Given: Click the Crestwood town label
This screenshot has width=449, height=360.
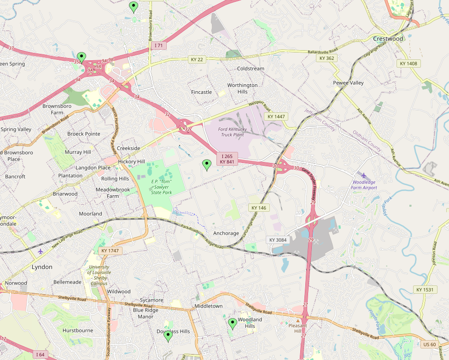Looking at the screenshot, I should [388, 39].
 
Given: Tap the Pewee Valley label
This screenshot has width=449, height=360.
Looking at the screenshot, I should [348, 83].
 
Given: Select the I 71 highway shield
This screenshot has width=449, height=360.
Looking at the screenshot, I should [159, 46].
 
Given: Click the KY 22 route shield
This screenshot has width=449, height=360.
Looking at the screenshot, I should [197, 59].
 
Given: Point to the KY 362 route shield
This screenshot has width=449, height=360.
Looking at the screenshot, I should [327, 58].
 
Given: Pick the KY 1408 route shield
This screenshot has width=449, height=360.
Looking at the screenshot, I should [408, 64].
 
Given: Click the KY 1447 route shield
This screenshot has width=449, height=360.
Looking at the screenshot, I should [276, 117].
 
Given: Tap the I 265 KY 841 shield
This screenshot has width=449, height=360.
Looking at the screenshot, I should [227, 159].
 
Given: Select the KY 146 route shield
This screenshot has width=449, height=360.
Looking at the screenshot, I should [258, 208].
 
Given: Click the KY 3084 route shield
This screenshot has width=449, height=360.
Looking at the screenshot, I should [278, 240].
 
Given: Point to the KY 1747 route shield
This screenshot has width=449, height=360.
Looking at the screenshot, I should [109, 251].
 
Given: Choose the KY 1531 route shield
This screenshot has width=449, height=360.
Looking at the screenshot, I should [425, 290].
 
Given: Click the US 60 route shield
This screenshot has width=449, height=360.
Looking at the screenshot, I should [429, 345].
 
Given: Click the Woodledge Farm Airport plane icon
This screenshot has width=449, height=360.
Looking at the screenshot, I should [364, 175].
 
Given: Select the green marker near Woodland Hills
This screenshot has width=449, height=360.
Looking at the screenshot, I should [233, 323].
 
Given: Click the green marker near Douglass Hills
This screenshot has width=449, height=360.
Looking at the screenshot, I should [168, 336].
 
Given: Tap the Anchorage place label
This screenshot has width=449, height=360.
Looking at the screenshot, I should [226, 233].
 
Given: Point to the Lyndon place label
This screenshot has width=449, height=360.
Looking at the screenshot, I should [42, 267].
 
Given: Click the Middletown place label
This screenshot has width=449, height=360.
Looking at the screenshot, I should [208, 306].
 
